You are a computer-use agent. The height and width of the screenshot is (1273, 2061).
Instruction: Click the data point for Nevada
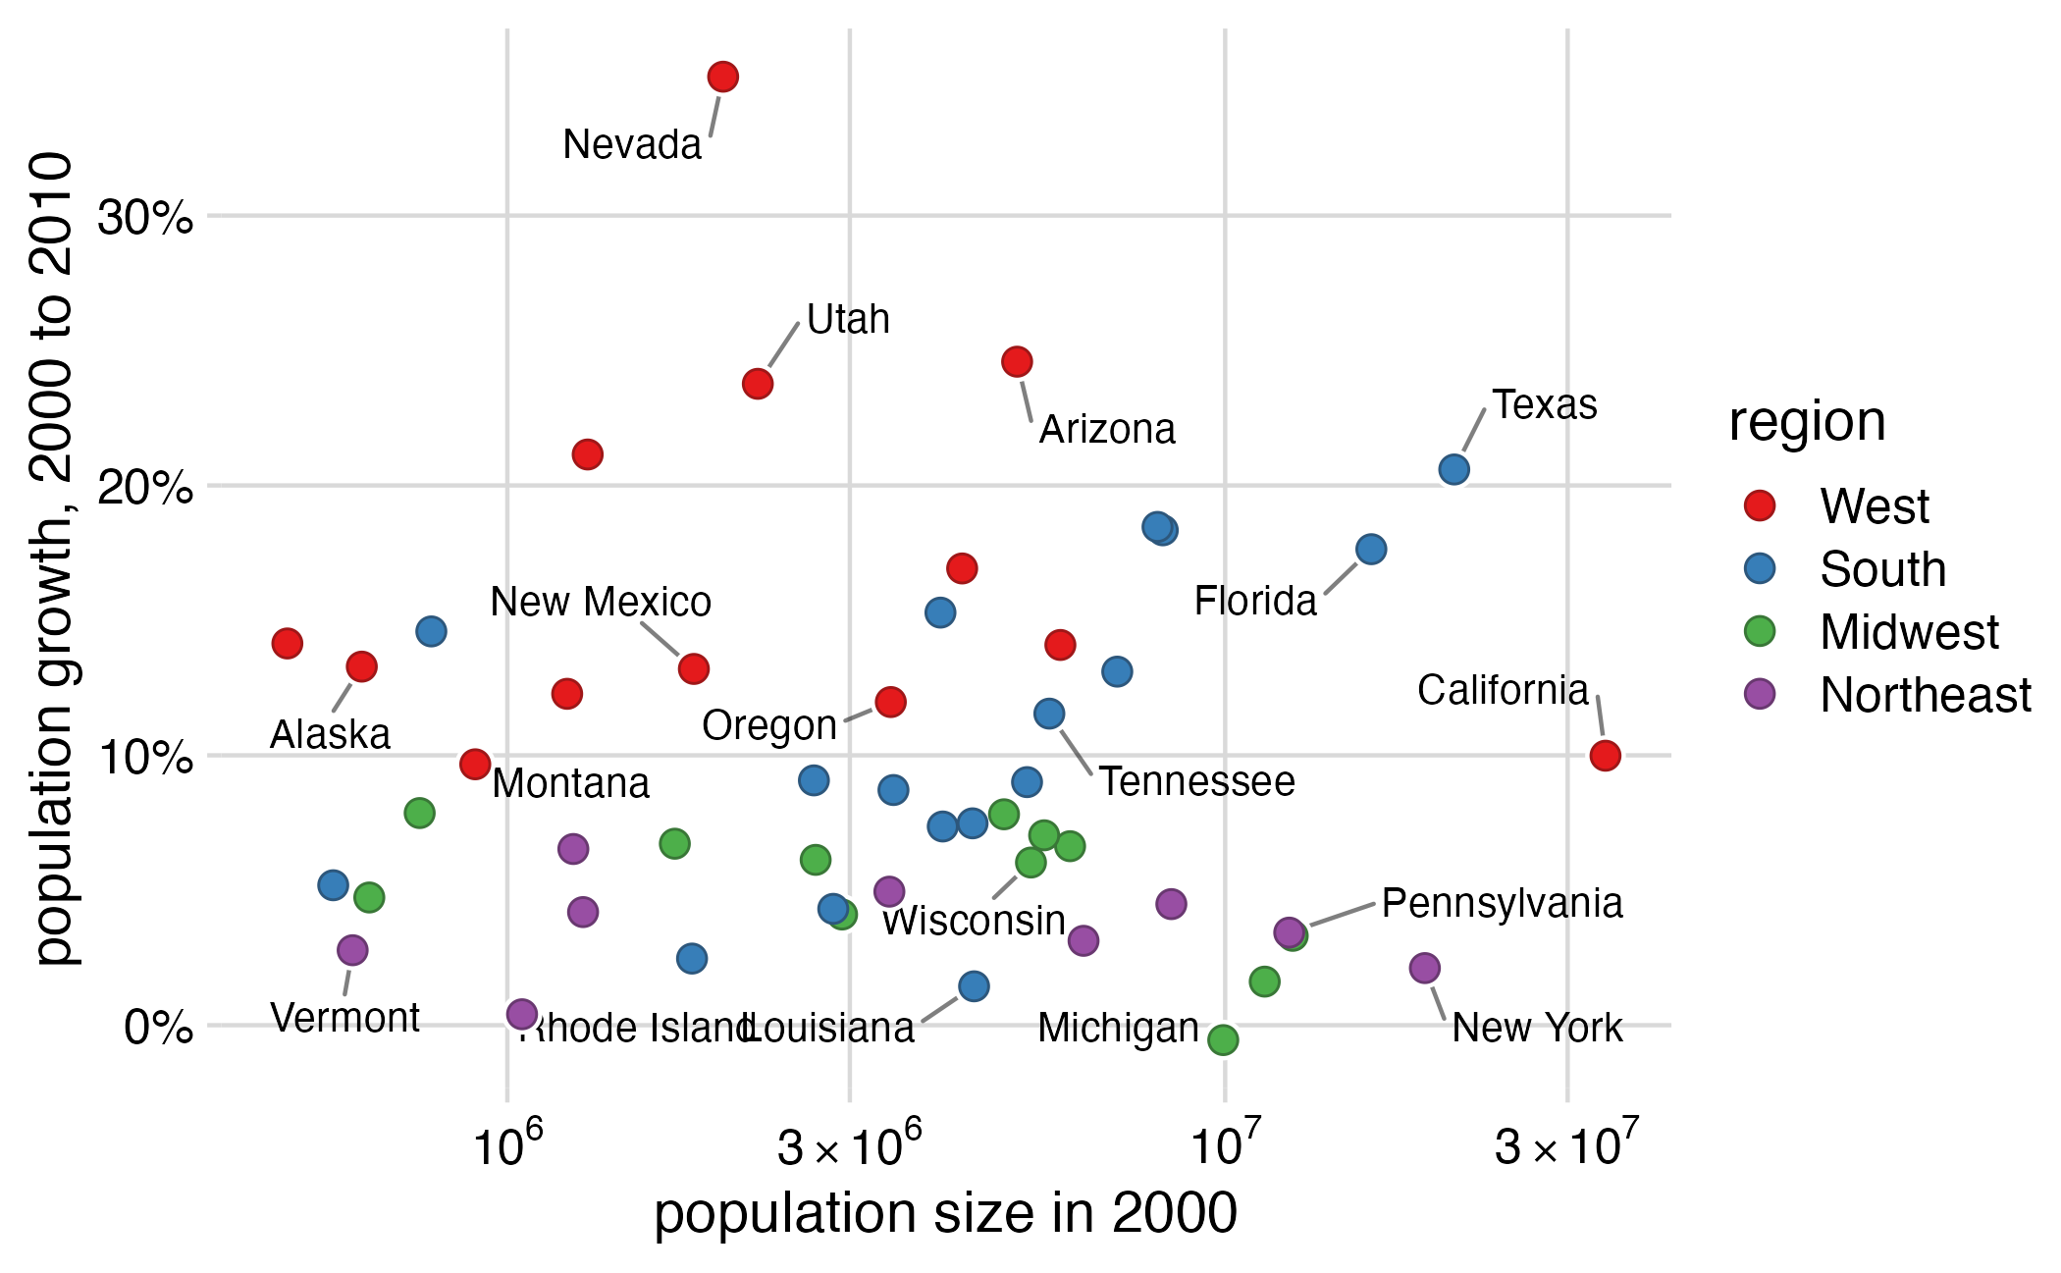[x=722, y=77]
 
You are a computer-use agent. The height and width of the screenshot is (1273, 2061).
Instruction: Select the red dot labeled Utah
[x=758, y=384]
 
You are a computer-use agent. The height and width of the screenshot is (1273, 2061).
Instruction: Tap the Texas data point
[x=1453, y=470]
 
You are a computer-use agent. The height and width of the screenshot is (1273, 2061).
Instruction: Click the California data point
[x=1605, y=756]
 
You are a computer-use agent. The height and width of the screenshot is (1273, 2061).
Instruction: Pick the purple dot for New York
[x=1424, y=969]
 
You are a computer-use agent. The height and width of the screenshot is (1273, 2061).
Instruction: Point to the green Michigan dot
[x=1223, y=1040]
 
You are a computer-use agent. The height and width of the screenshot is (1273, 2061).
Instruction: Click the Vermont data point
[x=352, y=950]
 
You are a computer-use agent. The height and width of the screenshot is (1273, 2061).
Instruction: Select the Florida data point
[x=1371, y=550]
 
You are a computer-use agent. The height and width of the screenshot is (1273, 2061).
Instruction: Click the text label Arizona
[x=1107, y=430]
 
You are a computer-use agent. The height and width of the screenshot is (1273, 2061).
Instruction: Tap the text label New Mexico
[x=601, y=603]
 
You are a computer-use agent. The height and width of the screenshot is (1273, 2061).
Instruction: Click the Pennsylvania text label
[x=1502, y=904]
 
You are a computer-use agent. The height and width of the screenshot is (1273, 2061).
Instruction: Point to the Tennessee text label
[x=1196, y=782]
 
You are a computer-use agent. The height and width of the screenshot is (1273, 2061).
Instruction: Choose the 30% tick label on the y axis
[x=145, y=217]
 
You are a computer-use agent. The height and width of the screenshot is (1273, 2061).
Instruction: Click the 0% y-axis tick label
[x=157, y=1028]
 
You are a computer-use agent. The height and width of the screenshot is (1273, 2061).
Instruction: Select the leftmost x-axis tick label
[x=506, y=1143]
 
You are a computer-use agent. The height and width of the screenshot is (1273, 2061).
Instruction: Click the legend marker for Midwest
[x=1761, y=631]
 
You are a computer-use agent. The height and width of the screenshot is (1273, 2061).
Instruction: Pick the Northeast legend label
[x=1925, y=695]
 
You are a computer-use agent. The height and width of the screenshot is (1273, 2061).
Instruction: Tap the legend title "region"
[x=1807, y=422]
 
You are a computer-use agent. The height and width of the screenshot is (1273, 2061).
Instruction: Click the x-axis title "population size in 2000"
[x=945, y=1213]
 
